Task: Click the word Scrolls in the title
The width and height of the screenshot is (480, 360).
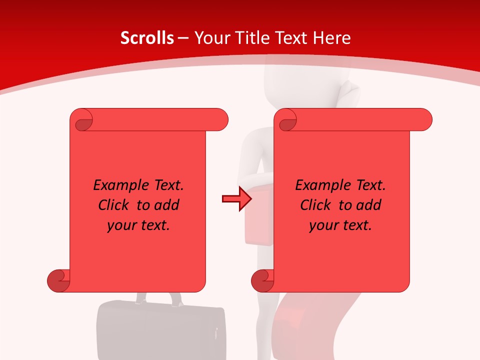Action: (x=147, y=38)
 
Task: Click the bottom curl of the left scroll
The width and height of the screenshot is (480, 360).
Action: (x=58, y=280)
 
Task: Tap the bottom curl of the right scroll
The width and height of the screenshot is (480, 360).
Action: (x=262, y=280)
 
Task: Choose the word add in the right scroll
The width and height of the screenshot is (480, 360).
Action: (x=369, y=205)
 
